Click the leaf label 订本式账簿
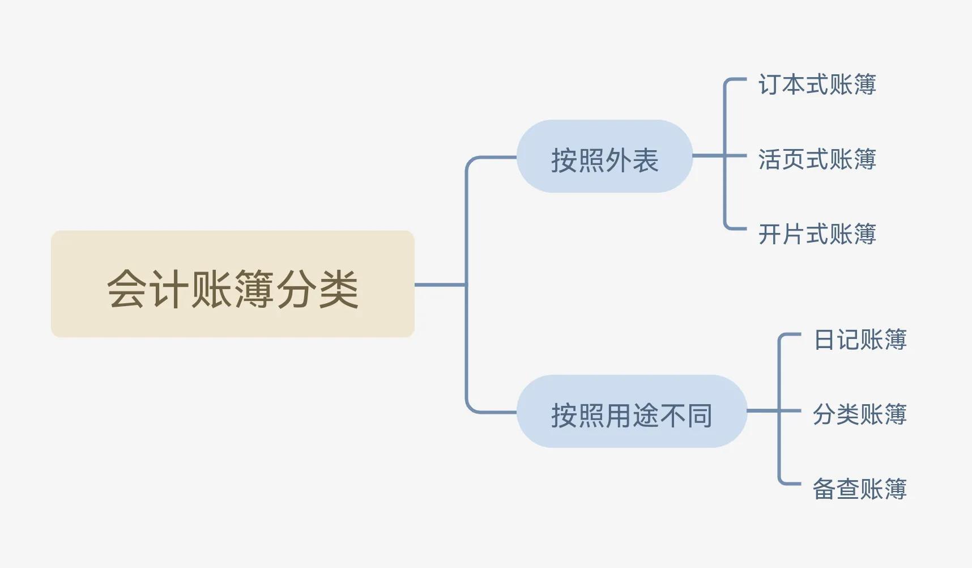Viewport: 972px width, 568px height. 817,84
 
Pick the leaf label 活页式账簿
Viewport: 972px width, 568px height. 817,159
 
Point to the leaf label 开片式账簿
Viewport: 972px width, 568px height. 817,234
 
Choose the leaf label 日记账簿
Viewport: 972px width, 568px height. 860,340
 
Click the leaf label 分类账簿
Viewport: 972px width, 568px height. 860,414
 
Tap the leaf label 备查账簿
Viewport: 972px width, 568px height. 860,489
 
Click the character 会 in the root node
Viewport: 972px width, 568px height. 127,289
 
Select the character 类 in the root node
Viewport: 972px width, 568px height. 338,289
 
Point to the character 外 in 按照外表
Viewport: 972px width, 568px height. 618,160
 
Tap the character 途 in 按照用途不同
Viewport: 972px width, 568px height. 645,416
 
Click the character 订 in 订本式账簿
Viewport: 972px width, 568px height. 770,84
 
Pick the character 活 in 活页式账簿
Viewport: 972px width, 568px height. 770,159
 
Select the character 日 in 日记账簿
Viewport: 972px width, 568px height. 824,340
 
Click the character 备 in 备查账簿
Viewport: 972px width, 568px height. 824,489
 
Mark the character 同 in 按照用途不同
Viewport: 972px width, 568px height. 700,416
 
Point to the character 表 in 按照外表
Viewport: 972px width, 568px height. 645,160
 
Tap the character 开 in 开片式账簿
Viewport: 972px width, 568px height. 770,234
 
